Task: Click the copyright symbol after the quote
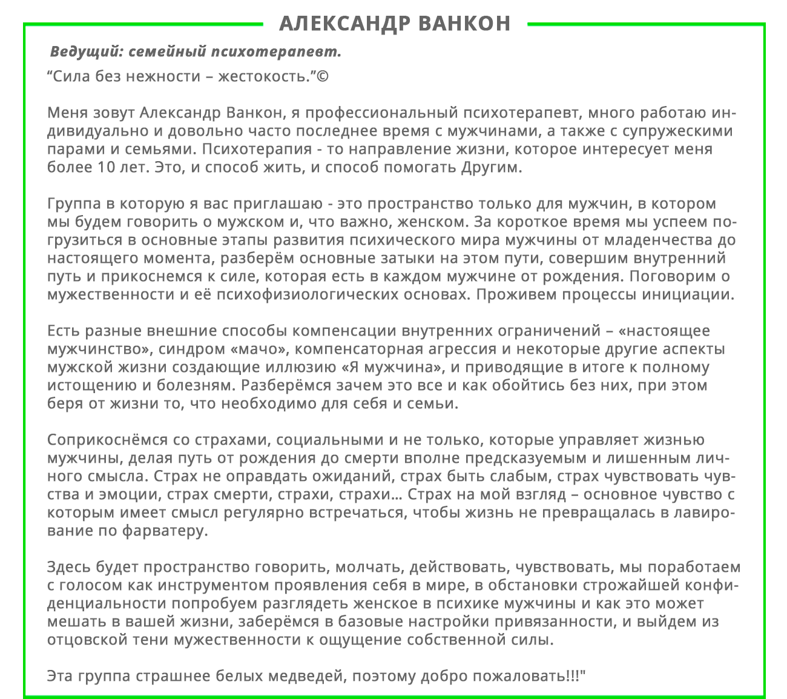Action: [323, 77]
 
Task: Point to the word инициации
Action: [691, 295]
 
